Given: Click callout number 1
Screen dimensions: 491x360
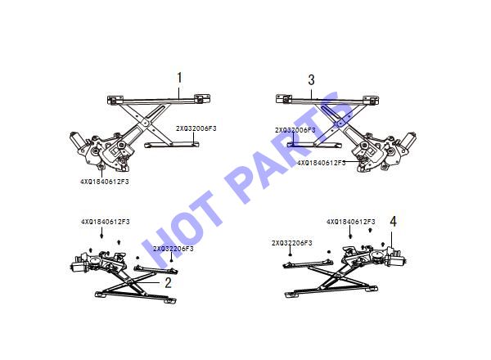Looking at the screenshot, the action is coord(179,78).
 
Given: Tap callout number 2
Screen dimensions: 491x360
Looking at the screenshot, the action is coord(168,283).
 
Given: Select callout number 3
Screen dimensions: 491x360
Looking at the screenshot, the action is coord(311,79).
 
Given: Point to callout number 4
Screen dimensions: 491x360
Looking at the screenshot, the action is coord(394,222).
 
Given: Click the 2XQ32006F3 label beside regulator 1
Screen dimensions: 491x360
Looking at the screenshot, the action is coord(196,128).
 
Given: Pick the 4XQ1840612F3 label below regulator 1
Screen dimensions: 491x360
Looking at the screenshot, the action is coord(105,182).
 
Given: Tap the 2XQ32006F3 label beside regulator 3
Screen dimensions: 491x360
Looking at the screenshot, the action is coord(295,130).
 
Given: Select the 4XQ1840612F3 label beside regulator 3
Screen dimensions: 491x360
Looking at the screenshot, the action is coord(322,163).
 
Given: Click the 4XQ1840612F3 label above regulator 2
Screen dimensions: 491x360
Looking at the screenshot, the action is coord(106,222).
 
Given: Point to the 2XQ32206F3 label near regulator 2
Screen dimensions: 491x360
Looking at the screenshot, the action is coord(173,249).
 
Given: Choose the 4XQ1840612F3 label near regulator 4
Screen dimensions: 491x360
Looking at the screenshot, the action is coord(351,222).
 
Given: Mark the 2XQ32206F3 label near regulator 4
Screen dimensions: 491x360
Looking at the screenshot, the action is coord(292,243).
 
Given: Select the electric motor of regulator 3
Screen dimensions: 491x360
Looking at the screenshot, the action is coord(408,141).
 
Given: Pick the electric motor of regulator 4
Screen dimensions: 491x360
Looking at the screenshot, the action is coord(395,259).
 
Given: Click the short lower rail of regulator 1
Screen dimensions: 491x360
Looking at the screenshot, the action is coord(172,145).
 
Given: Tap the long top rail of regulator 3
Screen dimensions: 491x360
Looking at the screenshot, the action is coord(327,100).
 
